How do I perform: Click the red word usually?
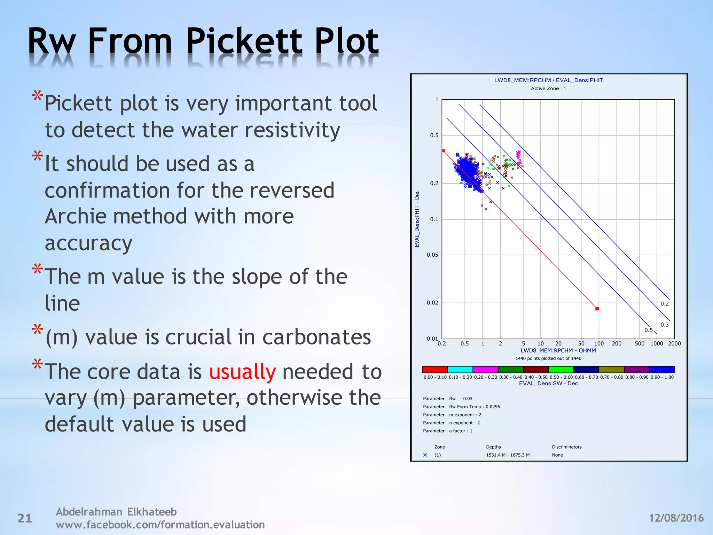click(x=242, y=372)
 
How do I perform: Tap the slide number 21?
click(x=25, y=518)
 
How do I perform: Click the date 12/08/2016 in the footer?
click(x=676, y=518)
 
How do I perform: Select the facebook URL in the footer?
click(x=160, y=525)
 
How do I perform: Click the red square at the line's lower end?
click(x=597, y=309)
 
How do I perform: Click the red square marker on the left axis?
click(x=443, y=150)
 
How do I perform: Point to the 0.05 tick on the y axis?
click(x=432, y=255)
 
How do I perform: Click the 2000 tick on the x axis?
click(x=674, y=343)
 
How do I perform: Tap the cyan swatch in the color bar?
click(x=460, y=369)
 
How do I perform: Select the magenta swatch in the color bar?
click(x=485, y=369)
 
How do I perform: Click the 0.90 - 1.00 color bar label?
click(x=662, y=377)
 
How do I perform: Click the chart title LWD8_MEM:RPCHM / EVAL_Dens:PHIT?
click(x=548, y=80)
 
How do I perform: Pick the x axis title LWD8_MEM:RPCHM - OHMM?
click(x=558, y=350)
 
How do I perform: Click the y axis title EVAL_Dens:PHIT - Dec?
click(x=417, y=219)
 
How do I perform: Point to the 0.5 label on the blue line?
click(x=648, y=330)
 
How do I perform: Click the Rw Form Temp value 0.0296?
click(x=493, y=406)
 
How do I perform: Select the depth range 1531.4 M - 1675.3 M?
click(x=508, y=455)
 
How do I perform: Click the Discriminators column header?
click(x=566, y=447)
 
